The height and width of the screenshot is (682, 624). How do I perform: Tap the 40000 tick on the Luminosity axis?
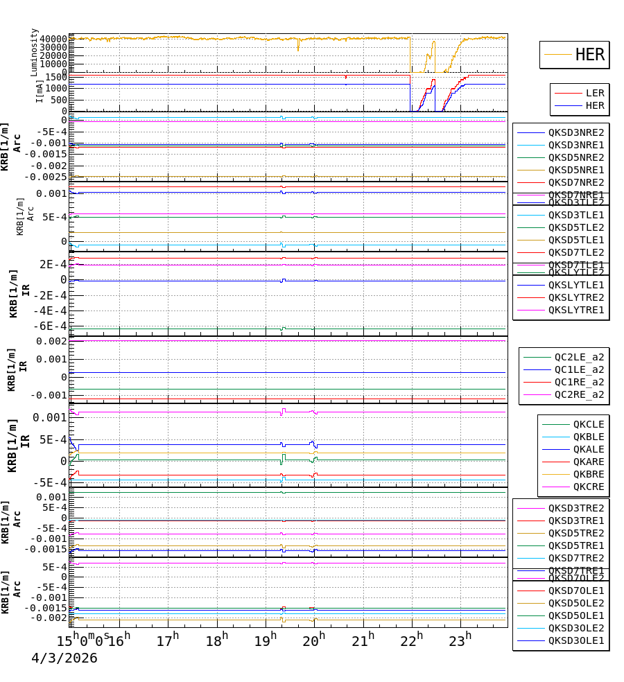53,39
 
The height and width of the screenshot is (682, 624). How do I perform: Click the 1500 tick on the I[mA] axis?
57,76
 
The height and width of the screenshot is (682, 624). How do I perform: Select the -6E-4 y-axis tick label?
53,326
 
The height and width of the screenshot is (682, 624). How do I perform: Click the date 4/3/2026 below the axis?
64,658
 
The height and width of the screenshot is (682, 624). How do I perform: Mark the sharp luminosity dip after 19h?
299,49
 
